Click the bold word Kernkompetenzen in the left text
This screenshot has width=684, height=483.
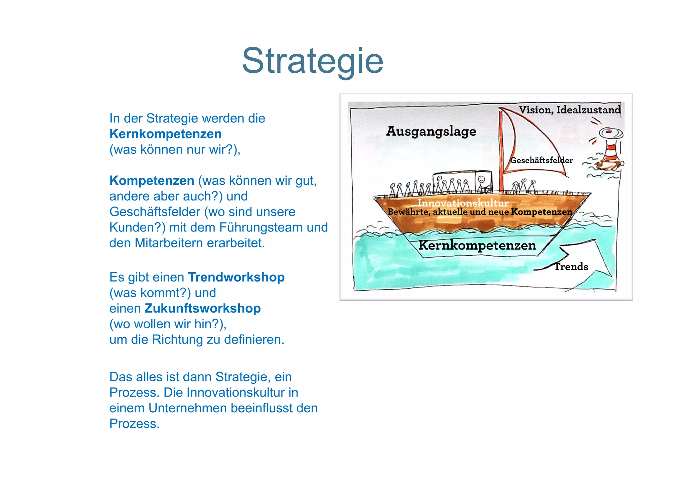click(x=165, y=134)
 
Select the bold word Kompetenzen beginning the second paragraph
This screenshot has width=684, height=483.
click(x=152, y=180)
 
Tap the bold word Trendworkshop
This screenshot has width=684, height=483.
click(x=236, y=277)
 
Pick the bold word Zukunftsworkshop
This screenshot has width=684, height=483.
click(x=202, y=308)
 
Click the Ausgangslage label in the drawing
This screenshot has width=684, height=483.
click(x=431, y=131)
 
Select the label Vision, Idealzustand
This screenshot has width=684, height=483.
click(x=569, y=110)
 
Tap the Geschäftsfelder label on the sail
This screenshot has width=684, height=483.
click(x=541, y=160)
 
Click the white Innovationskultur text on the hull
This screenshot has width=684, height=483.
click(x=463, y=203)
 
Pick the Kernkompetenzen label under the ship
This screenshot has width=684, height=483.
click(x=477, y=246)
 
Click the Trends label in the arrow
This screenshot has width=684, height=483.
click(x=571, y=267)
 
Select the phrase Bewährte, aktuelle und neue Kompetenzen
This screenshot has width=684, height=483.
click(x=480, y=212)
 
